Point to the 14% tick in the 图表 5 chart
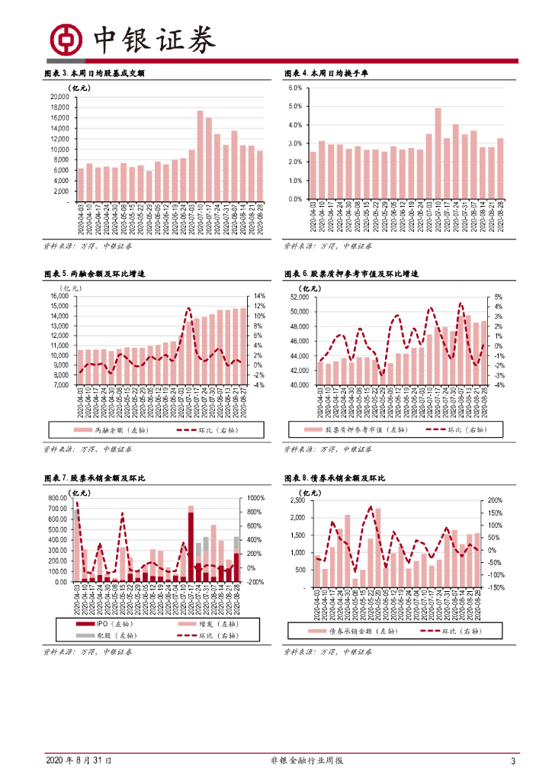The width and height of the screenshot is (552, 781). [x=260, y=296]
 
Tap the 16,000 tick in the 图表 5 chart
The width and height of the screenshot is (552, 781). [x=57, y=296]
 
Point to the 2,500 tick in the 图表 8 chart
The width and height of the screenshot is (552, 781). [x=297, y=501]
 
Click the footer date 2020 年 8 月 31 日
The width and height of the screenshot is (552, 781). [x=79, y=761]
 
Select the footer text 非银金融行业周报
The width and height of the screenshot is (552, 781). [x=307, y=761]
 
